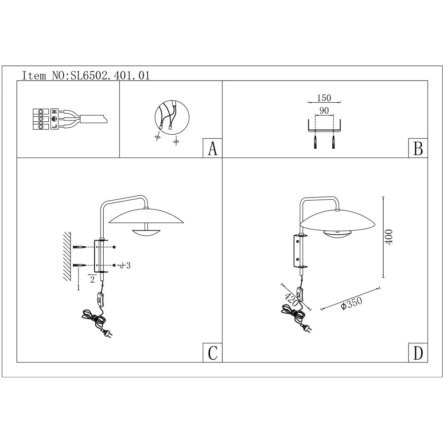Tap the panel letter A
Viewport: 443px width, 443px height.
[x=213, y=148]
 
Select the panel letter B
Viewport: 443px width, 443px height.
[x=418, y=148]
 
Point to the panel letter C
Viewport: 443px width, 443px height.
[x=213, y=353]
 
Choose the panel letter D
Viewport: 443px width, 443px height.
[x=418, y=353]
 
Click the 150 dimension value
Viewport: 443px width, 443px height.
[x=324, y=98]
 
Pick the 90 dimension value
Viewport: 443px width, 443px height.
[x=324, y=110]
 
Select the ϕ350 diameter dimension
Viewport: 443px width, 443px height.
[x=352, y=303]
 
